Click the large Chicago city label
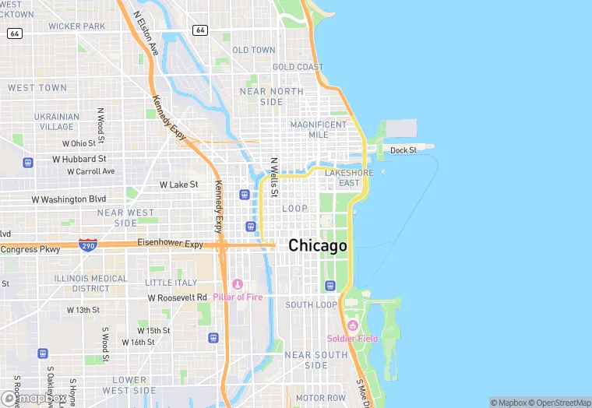[317, 246]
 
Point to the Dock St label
[403, 150]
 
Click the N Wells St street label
[274, 178]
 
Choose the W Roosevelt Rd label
[178, 297]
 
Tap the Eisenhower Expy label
[170, 244]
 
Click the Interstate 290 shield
[88, 244]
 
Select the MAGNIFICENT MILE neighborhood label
[318, 129]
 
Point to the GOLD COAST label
[298, 68]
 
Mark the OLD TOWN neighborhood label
[253, 50]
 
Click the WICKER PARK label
[76, 26]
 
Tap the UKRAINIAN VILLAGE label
[57, 121]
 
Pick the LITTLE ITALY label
[171, 283]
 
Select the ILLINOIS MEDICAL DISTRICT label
[91, 283]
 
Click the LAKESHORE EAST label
[349, 178]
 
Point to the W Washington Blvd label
[69, 199]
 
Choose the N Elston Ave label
[146, 33]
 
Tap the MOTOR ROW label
[320, 398]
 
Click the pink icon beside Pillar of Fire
[238, 284]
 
